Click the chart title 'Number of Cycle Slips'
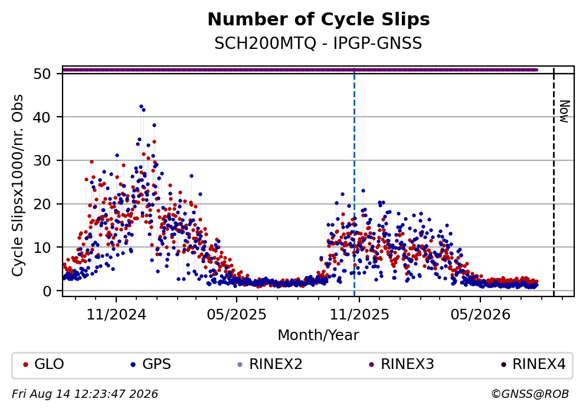point(319,19)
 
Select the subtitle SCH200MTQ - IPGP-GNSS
point(318,44)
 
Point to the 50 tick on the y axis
point(42,74)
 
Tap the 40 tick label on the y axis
point(42,117)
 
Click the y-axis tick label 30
point(42,160)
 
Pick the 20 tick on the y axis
point(42,204)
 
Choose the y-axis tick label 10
point(42,248)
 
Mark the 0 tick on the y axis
point(47,291)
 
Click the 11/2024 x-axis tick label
point(116,315)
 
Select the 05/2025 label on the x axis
point(237,315)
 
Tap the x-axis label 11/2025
point(359,315)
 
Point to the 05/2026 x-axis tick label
point(480,315)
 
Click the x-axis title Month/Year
point(318,335)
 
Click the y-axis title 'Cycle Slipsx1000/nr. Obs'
point(17,186)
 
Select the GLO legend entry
point(43,364)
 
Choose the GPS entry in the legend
point(151,364)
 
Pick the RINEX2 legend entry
point(270,364)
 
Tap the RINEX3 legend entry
point(402,364)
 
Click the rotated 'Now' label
point(564,111)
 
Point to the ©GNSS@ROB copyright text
point(530,394)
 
